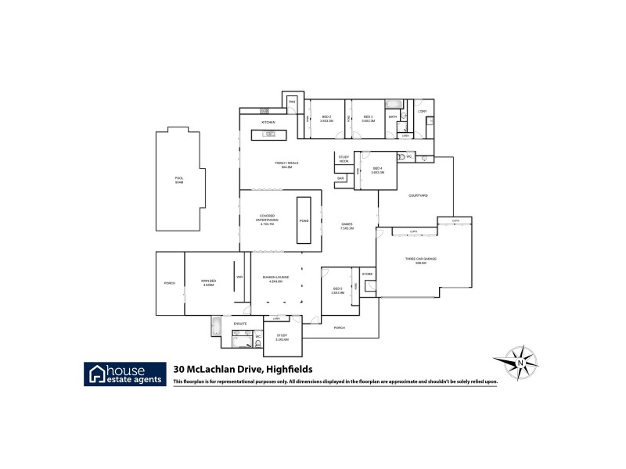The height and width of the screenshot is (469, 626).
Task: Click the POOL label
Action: point(179,179)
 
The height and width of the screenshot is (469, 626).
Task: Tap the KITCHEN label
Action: point(268,123)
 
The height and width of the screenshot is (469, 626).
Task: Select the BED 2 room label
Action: point(327,118)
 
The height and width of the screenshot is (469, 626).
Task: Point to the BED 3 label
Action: point(367,118)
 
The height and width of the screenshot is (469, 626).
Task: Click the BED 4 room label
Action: point(376,170)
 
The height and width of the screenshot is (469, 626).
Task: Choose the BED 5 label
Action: point(337,291)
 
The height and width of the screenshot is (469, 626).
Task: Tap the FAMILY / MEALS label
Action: point(287,164)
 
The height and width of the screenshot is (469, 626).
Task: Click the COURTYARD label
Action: point(418,195)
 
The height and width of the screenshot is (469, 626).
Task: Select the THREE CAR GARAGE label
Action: point(420,260)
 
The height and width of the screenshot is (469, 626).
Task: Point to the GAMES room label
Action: point(347,227)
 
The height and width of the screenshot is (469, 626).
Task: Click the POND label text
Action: point(304,221)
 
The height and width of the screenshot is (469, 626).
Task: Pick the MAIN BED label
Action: point(208,283)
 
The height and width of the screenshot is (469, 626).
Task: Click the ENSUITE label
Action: point(241,322)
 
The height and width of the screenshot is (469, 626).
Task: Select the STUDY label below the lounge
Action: point(282,337)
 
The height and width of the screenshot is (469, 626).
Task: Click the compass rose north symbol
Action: point(519,363)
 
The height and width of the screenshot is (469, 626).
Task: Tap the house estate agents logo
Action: point(125,374)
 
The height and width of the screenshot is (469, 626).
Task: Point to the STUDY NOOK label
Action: point(344,159)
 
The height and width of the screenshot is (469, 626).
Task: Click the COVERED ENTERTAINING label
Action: point(268,221)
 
